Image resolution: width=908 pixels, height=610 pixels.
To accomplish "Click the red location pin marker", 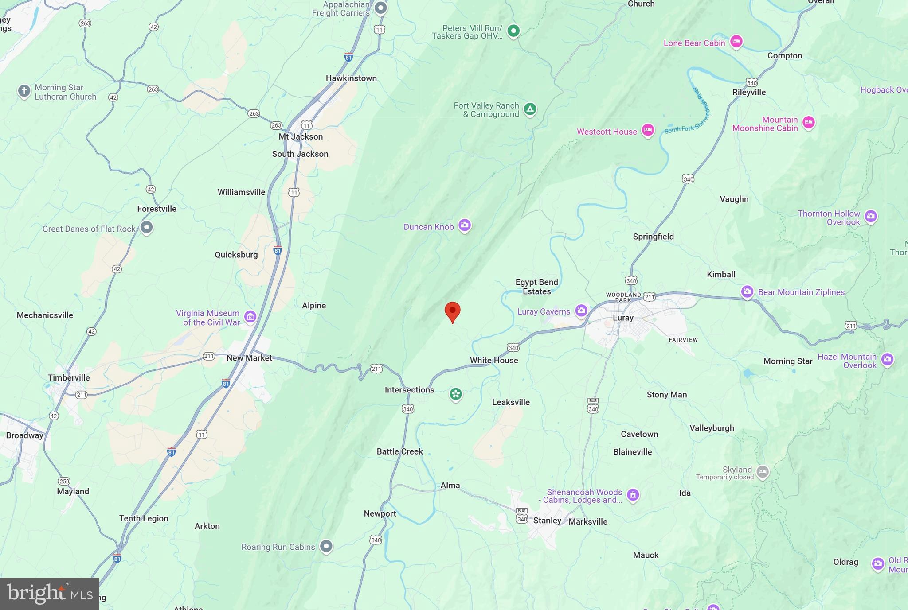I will [452, 311].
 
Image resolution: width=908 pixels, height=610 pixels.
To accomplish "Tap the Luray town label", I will [623, 318].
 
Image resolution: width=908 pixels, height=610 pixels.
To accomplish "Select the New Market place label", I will [249, 358].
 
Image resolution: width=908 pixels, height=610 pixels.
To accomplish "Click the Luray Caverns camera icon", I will [581, 311].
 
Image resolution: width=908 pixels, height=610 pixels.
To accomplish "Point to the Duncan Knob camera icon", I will [465, 225].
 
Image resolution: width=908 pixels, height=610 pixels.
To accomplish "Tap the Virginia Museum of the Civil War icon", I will [250, 317].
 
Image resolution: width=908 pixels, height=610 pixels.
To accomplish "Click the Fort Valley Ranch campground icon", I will [530, 109].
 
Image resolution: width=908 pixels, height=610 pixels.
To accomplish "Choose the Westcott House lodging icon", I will [648, 131].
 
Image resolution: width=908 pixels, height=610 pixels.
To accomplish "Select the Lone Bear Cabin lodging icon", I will [736, 42].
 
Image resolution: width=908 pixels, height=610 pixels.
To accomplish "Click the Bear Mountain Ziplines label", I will [801, 292].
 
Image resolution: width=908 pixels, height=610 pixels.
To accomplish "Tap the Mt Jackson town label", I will [301, 137].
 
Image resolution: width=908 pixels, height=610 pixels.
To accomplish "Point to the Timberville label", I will [69, 378].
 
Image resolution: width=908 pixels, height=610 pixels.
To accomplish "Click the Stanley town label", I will [547, 521].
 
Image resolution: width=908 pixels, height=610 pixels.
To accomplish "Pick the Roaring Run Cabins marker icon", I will [326, 546].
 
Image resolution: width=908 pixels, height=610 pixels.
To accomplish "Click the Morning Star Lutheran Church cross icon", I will [24, 91].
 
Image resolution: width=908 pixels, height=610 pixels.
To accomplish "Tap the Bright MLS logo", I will [50, 594].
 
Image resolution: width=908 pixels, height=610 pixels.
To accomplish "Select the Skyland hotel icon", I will [763, 472].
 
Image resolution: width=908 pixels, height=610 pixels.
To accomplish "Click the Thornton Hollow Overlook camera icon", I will [871, 217].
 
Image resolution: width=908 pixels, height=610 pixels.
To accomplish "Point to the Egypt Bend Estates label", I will [536, 287].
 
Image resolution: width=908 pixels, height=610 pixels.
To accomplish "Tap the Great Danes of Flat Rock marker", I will [146, 228].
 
